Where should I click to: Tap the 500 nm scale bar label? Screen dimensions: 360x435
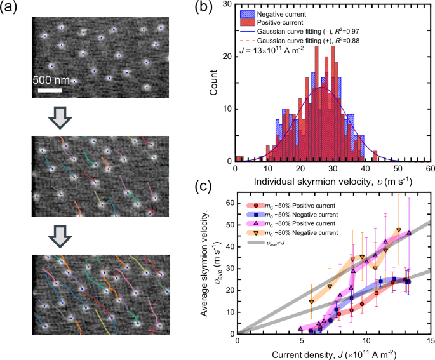click(x=52, y=80)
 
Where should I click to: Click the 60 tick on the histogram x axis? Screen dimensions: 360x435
click(x=429, y=170)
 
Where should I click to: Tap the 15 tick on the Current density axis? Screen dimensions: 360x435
click(x=429, y=341)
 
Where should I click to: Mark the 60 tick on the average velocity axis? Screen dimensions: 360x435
click(x=228, y=202)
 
